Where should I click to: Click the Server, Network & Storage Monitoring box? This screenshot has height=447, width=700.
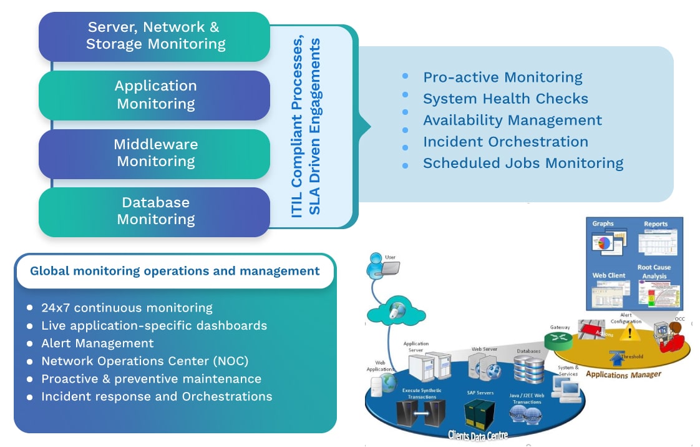tap(155, 36)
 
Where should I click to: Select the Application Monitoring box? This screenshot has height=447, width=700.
tap(155, 95)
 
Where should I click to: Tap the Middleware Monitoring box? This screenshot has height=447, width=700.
tap(155, 154)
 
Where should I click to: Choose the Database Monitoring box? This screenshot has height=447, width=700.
tap(155, 212)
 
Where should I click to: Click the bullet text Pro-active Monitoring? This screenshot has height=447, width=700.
tap(502, 77)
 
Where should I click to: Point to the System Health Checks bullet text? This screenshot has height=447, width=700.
tap(505, 99)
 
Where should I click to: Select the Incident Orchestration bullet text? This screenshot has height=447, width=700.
tap(505, 142)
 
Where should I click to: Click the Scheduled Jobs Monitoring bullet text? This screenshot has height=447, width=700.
tap(523, 164)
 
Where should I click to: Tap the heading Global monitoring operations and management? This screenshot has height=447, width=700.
tap(175, 272)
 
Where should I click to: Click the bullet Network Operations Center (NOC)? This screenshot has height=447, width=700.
tap(145, 361)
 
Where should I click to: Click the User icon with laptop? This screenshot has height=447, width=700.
tap(382, 265)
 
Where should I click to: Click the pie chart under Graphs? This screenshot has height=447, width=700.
tap(601, 243)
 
